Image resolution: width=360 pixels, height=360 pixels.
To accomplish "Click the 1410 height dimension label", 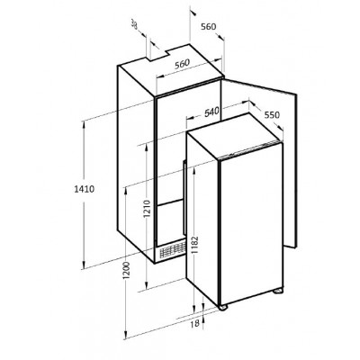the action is tap(85, 189).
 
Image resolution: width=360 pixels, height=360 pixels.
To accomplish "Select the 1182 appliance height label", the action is tap(194, 246).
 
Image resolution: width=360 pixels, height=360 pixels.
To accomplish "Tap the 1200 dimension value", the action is tap(126, 271).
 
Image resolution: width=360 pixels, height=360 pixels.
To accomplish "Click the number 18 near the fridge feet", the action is tap(194, 323).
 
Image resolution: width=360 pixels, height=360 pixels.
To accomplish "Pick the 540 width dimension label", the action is tap(211, 112).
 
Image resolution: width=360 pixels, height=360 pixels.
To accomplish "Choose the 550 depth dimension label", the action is tap(272, 115).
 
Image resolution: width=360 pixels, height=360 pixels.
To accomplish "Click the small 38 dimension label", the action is tap(135, 24).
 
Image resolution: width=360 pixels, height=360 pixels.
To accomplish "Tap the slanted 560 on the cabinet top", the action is tap(182, 64).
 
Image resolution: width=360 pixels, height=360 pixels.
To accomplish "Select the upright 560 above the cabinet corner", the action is tap(208, 27).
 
